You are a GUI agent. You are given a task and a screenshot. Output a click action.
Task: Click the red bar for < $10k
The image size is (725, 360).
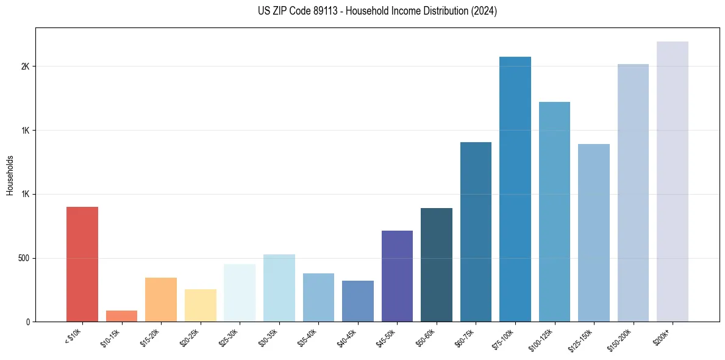coord(82,264)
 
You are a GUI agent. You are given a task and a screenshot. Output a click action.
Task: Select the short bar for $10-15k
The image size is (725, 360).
coord(121,316)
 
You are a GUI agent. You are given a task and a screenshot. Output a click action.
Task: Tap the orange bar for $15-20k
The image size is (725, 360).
coord(161,300)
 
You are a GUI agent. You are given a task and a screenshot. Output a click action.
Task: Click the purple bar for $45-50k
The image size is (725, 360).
coord(397,276)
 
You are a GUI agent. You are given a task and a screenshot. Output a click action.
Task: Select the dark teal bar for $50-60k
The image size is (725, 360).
coord(437,265)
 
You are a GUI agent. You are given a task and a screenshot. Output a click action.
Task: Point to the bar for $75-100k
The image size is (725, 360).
coord(515,189)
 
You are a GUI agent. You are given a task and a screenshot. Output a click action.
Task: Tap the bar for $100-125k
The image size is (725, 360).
coord(554,212)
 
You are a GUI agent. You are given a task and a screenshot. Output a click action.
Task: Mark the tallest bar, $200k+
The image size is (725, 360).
coord(673,181)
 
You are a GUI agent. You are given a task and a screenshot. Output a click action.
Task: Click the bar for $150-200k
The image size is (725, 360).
coord(633,193)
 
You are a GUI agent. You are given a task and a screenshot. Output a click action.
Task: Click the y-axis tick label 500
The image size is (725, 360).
coord(23,258)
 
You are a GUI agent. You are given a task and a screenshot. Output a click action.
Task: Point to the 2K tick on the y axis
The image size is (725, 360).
coord(25,67)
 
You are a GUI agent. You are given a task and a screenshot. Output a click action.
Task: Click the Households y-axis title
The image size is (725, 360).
coord(10,175)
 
